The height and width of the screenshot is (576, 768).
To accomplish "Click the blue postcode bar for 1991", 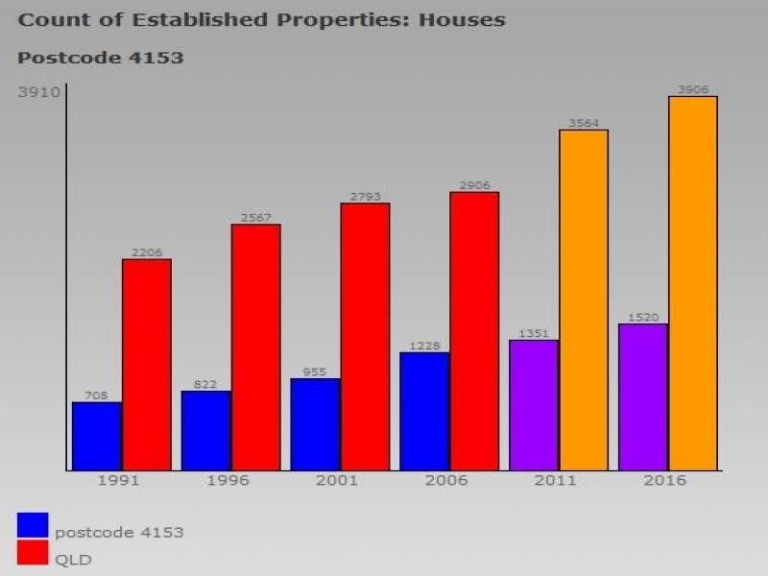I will tap(97, 436).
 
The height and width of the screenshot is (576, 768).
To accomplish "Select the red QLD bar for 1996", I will tap(255, 348).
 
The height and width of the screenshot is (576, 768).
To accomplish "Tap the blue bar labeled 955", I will tap(316, 424).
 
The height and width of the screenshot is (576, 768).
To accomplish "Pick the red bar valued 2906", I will tap(474, 331).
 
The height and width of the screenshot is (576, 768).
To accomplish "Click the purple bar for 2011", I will tap(534, 405).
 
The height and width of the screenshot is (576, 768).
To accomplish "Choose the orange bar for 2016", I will tap(693, 283).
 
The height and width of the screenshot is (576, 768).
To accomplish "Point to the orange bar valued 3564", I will tap(584, 300).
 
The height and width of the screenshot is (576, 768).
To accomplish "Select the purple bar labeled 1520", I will tap(643, 397).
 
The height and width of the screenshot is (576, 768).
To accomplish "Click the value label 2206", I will tap(147, 252).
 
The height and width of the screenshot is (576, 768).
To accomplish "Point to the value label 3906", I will tap(693, 89).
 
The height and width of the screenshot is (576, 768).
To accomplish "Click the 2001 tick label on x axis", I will tap(336, 480).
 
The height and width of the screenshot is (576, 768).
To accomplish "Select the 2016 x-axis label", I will tap(664, 480).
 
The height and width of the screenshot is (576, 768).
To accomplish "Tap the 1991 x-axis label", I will tap(117, 480).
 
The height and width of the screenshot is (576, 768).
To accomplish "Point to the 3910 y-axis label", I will tap(38, 92).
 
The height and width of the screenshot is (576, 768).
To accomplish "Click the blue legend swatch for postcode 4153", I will tap(33, 525).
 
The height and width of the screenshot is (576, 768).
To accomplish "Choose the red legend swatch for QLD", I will tap(33, 554).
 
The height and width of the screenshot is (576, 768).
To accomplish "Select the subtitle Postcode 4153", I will tap(100, 58).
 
